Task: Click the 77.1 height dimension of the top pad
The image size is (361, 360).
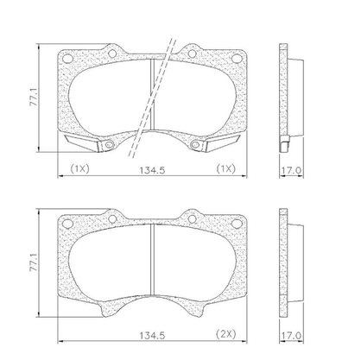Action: (34, 98)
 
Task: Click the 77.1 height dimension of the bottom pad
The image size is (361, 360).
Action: (34, 262)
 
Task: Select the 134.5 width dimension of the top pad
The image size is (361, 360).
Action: (152, 170)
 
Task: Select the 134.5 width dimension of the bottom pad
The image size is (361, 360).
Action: (152, 336)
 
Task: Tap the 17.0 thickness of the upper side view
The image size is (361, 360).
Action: (291, 170)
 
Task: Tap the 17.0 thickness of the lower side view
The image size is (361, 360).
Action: (291, 336)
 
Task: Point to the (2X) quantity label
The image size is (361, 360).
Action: (226, 334)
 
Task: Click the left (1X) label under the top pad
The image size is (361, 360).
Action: (80, 168)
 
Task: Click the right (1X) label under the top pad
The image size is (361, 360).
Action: (226, 168)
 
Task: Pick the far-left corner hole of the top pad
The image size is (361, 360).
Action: (67, 58)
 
